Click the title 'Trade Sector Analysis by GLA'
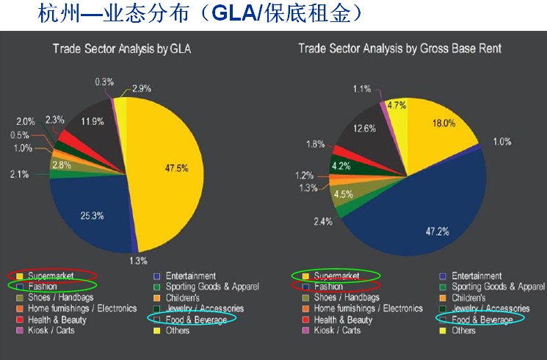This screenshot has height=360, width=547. pos(126,48)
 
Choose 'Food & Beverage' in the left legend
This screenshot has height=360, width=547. pos(195,320)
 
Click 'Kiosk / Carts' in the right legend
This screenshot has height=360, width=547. pos(337,331)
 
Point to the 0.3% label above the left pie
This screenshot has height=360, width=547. pos(104,82)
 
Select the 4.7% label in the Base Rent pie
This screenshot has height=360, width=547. pos(397,104)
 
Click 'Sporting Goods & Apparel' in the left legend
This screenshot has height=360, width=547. pos(211,287)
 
